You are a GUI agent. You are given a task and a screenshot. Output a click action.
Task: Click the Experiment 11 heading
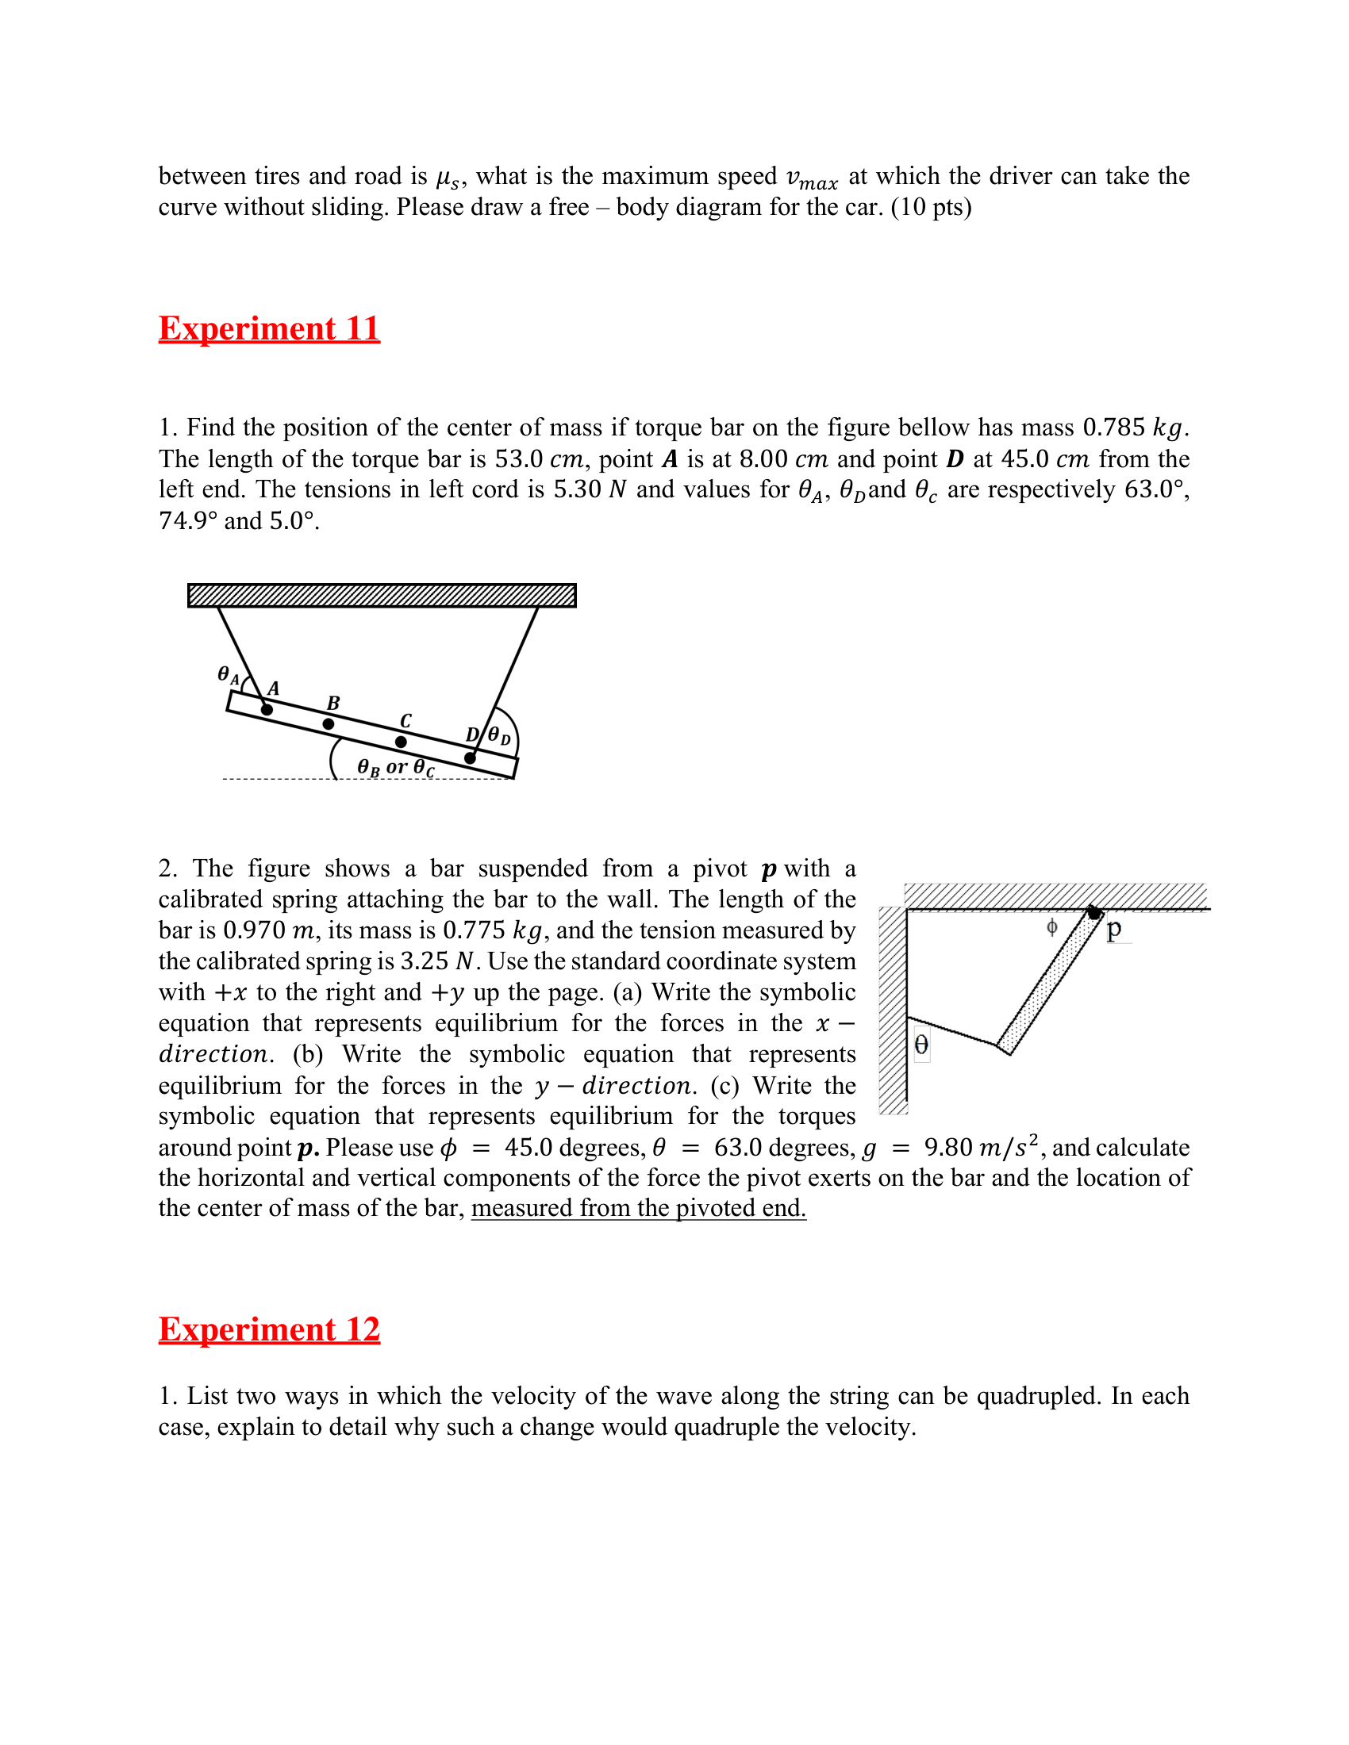(x=268, y=328)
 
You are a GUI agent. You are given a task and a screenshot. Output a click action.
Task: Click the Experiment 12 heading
(x=268, y=1329)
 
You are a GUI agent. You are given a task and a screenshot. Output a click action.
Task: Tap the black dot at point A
(x=267, y=708)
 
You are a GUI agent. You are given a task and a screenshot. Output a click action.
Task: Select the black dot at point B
(x=329, y=724)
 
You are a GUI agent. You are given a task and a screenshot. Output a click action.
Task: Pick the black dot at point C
(x=402, y=742)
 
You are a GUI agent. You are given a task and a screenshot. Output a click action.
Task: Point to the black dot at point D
(x=470, y=757)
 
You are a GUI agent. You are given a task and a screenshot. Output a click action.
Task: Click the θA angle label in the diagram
(x=228, y=675)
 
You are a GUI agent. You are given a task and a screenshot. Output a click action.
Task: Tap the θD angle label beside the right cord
(x=498, y=735)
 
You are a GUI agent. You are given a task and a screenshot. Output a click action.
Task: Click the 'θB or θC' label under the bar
(x=396, y=768)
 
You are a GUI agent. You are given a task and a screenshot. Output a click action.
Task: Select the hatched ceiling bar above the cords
(x=382, y=595)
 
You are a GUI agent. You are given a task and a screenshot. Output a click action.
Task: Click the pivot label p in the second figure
(x=1114, y=929)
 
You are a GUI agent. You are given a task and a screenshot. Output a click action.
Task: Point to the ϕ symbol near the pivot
(x=1051, y=926)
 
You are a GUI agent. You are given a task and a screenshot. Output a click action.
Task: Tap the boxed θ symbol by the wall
(x=921, y=1045)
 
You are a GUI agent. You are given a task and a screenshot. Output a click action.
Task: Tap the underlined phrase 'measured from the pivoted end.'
(x=638, y=1207)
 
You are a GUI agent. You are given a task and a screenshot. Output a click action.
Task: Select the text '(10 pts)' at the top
(x=931, y=207)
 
